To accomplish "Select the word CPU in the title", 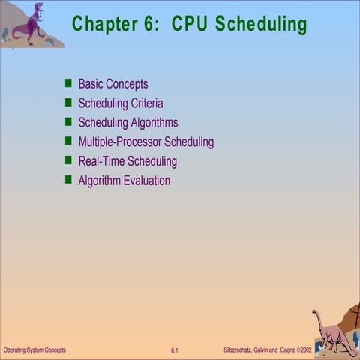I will pyautogui.click(x=190, y=24).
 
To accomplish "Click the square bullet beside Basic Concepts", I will pyautogui.click(x=68, y=84).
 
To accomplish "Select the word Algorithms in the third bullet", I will pyautogui.click(x=153, y=123).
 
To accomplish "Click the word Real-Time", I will pyautogui.click(x=101, y=161).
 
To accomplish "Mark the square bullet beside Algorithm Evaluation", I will pyautogui.click(x=68, y=181).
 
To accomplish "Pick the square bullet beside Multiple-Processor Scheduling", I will pyautogui.click(x=68, y=142).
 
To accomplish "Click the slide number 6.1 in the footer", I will pyautogui.click(x=174, y=350).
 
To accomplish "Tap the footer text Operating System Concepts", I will pyautogui.click(x=34, y=350).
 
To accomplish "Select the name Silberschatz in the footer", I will pyautogui.click(x=244, y=350).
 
